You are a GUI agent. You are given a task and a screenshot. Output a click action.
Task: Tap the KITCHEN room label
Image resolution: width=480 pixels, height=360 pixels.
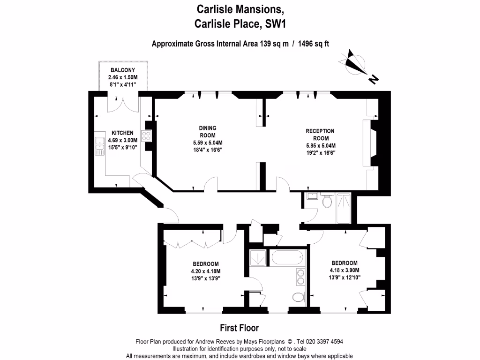[x=122, y=133]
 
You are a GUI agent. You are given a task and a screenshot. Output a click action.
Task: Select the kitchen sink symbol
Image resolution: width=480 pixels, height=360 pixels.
[x=99, y=145]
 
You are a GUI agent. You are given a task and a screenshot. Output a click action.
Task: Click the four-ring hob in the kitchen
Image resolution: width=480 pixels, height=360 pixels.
[x=146, y=136]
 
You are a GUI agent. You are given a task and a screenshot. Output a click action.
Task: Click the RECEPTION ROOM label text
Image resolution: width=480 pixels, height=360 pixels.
[x=320, y=135]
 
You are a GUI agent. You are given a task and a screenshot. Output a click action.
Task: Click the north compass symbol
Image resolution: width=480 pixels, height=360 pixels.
[x=355, y=64]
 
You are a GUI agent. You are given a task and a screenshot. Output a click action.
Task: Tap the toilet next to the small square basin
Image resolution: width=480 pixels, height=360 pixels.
[x=327, y=202]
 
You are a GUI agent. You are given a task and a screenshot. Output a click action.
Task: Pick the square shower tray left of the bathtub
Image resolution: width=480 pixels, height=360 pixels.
[x=257, y=257]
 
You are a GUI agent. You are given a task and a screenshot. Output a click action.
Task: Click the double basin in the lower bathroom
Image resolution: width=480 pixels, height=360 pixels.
[x=300, y=277]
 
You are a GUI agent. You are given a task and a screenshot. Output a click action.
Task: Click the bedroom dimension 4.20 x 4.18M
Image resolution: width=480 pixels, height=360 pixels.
[x=205, y=271]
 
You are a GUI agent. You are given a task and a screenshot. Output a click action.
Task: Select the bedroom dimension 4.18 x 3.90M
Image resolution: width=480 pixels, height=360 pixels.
[x=345, y=270]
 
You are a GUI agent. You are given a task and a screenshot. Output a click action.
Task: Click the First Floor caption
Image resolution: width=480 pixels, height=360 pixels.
[x=240, y=328]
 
